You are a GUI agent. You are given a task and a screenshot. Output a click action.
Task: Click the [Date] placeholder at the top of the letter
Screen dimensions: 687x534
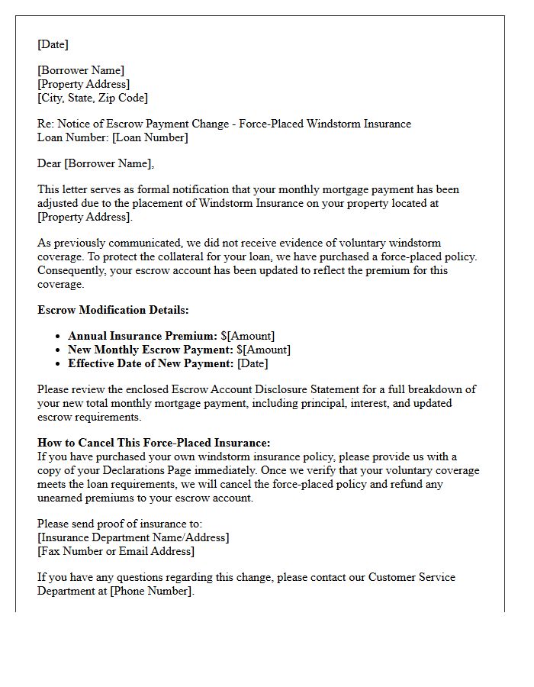pyautogui.click(x=53, y=44)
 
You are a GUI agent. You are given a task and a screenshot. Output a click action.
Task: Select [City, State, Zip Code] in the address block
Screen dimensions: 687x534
pyautogui.click(x=92, y=98)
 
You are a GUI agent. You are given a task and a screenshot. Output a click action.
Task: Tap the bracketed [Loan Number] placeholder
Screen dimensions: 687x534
pyautogui.click(x=152, y=137)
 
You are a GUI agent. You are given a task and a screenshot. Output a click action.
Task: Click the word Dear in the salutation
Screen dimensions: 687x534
pyautogui.click(x=50, y=163)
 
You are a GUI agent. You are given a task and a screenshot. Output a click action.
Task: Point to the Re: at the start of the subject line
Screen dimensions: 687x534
pyautogui.click(x=46, y=124)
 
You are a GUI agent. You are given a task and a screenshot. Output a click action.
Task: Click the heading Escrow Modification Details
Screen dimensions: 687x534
pyautogui.click(x=113, y=310)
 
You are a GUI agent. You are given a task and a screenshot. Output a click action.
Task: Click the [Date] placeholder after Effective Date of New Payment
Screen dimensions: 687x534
pyautogui.click(x=253, y=363)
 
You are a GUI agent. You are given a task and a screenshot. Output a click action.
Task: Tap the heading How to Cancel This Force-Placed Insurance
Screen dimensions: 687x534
pyautogui.click(x=153, y=443)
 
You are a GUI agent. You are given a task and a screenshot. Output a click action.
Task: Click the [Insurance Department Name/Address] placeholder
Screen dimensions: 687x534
pyautogui.click(x=133, y=537)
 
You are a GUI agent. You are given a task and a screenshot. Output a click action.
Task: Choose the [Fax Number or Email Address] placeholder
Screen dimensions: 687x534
pyautogui.click(x=115, y=551)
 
